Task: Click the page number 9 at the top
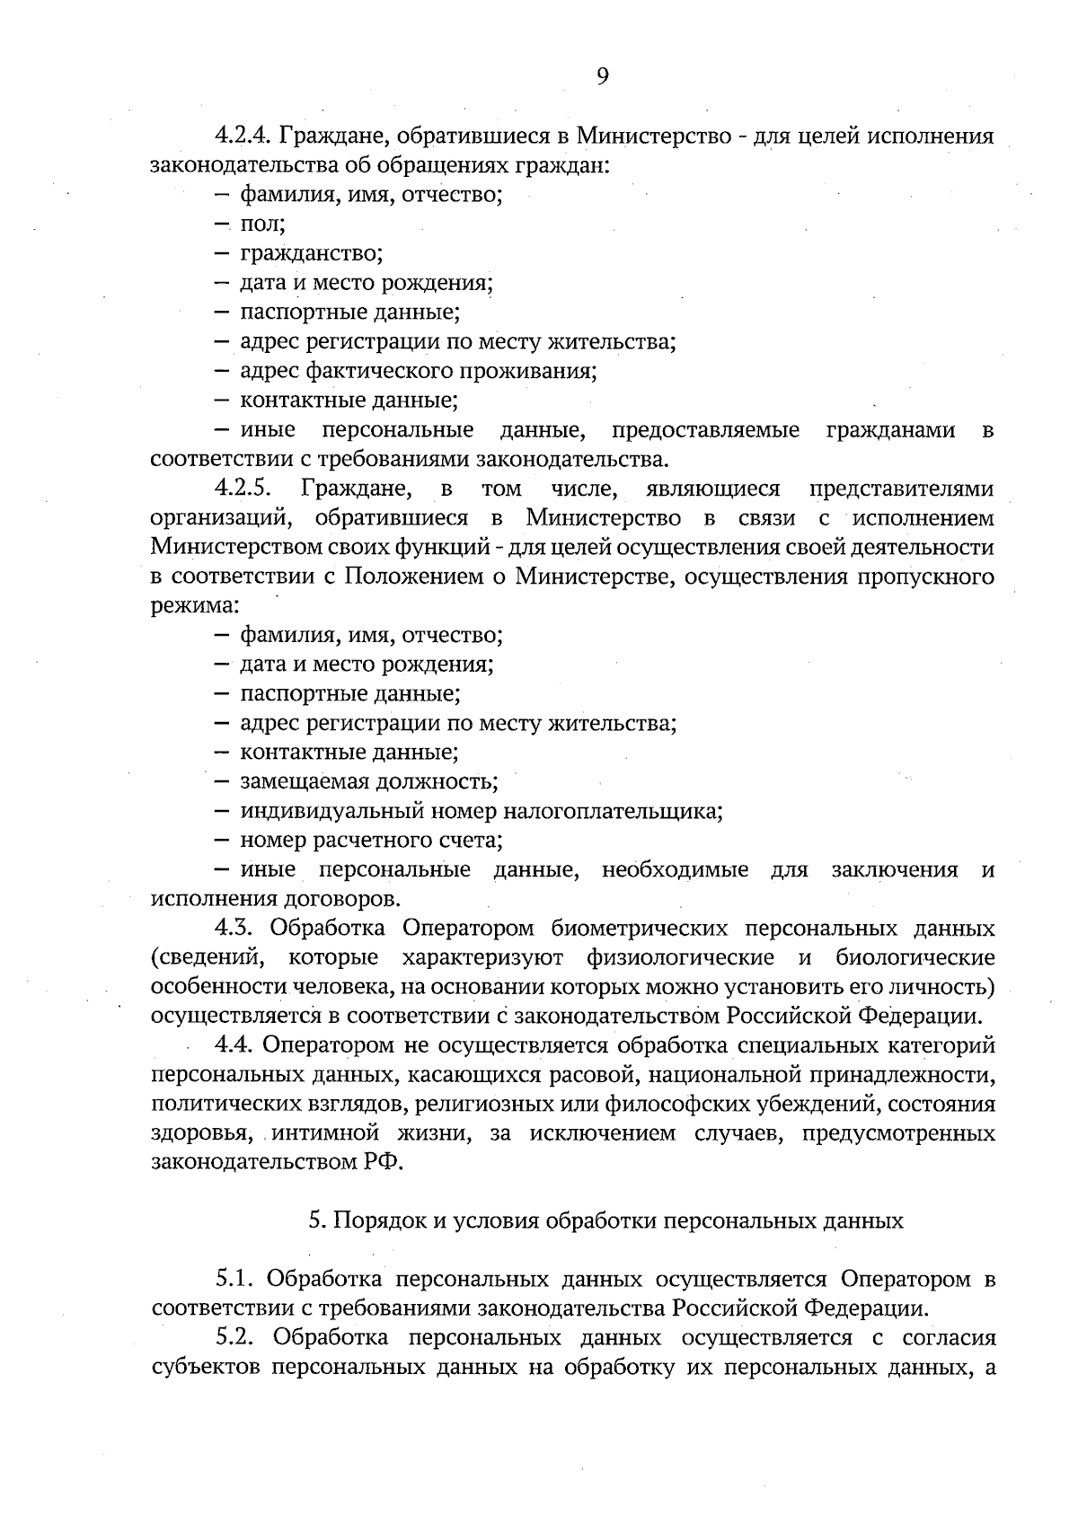(x=602, y=76)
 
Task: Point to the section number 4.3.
(x=234, y=928)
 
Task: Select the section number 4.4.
(x=235, y=1045)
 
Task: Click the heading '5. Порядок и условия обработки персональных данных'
(x=605, y=1221)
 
